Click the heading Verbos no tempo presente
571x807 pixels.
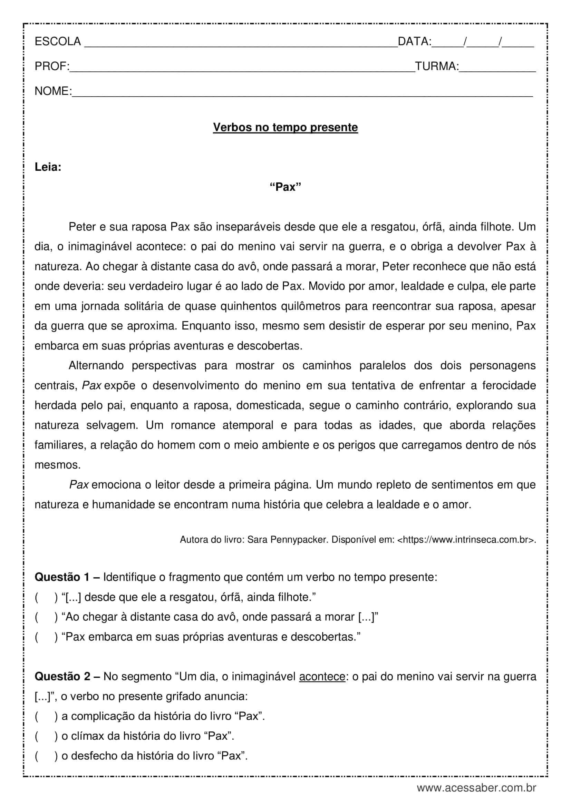285,127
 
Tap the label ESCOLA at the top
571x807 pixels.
58,41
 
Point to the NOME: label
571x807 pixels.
53,91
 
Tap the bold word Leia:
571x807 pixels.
48,167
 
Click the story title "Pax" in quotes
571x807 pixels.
285,187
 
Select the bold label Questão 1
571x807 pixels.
62,577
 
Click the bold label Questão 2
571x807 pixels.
62,677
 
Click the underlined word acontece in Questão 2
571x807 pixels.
322,677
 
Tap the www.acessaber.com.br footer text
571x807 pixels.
476,788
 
